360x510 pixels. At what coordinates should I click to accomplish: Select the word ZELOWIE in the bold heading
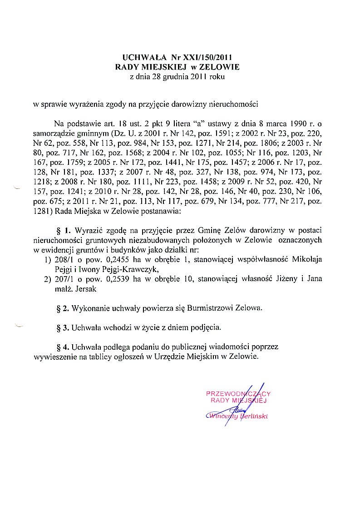pos(219,67)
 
